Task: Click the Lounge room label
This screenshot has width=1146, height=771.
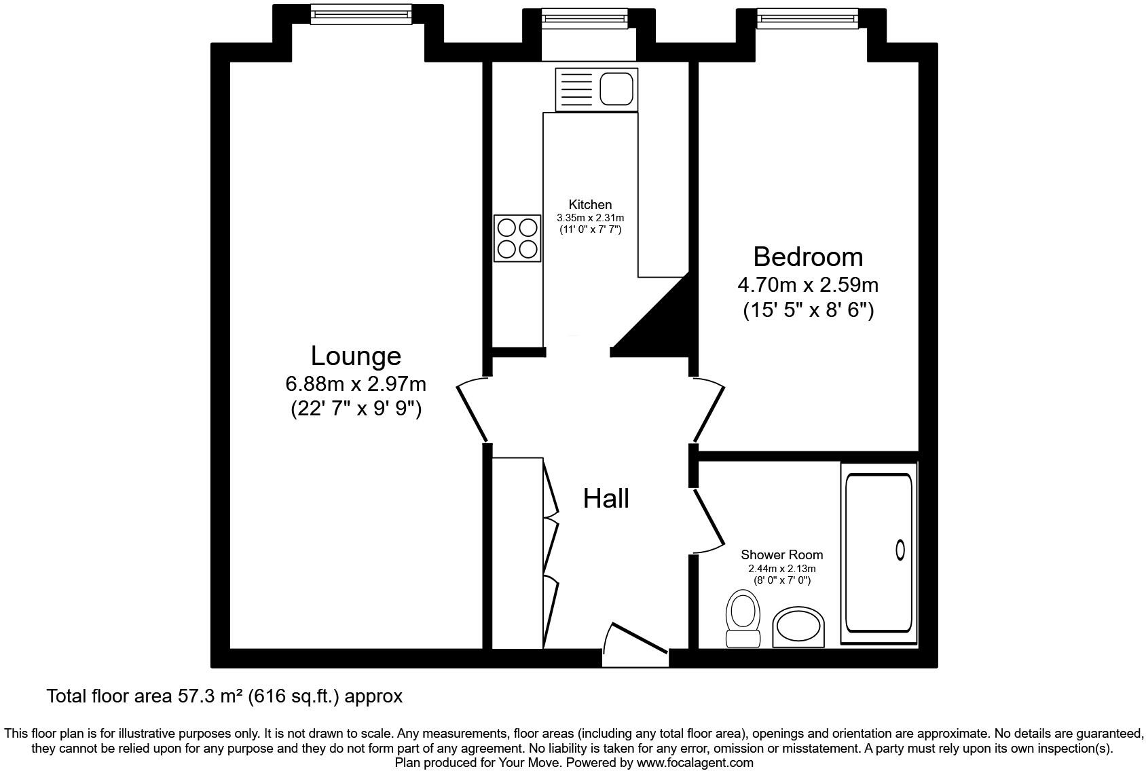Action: pos(356,356)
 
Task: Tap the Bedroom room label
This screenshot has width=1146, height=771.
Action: pos(808,257)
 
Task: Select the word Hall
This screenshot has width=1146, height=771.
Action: pos(606,499)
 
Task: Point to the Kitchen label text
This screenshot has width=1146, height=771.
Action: pos(590,204)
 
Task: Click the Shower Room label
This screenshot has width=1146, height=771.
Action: pos(781,554)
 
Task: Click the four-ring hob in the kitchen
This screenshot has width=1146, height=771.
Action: pos(517,238)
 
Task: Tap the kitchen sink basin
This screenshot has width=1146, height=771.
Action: pos(617,89)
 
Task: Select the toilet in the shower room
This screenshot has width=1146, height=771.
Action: pos(743,618)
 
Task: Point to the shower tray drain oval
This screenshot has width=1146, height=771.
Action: pos(900,550)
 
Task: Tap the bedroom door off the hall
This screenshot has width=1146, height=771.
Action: pos(709,409)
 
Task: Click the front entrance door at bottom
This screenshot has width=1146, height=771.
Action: pos(637,638)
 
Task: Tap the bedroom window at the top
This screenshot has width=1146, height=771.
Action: pos(808,18)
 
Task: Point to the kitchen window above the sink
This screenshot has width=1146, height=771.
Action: pos(584,18)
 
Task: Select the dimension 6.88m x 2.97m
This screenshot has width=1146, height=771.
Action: pos(356,384)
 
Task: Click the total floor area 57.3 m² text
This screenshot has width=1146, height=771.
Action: pos(224,696)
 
